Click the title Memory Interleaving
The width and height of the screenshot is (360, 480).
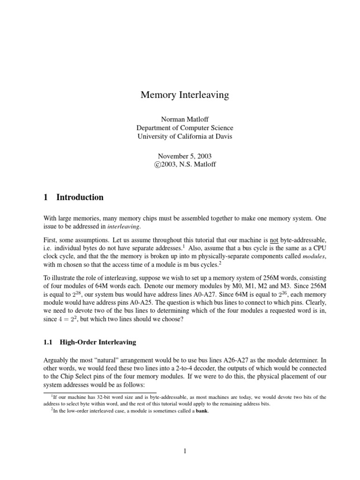(x=185, y=95)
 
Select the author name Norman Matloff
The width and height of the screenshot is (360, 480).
(x=185, y=119)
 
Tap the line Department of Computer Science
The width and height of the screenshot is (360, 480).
(x=185, y=128)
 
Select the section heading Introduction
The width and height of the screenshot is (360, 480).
(x=80, y=197)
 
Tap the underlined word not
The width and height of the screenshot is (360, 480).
(x=275, y=240)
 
